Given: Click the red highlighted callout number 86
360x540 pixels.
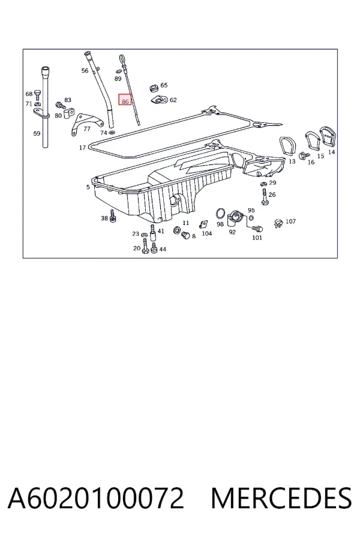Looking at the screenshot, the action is click(125, 100).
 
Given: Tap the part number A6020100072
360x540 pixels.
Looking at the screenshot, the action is click(96, 498).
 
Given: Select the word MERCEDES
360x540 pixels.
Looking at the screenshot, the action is click(281, 498).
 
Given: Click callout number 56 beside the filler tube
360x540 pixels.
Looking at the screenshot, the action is click(85, 71).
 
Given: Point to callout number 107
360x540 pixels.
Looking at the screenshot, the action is click(291, 221).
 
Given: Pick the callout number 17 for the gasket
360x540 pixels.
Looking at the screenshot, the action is click(82, 148).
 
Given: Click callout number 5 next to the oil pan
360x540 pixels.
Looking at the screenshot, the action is click(88, 187).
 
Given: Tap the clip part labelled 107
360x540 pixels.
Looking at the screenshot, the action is click(278, 224).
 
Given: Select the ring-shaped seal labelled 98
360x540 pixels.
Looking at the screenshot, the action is click(220, 214).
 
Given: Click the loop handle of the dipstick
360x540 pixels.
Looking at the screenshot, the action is click(122, 59).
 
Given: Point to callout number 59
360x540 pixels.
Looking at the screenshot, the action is click(37, 134).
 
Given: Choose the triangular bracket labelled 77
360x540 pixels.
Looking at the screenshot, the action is click(86, 122).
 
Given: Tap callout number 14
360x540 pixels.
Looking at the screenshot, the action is click(331, 152).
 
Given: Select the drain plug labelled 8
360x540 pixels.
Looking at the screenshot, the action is click(185, 235).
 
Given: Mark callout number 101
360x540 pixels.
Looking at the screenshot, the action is click(257, 238).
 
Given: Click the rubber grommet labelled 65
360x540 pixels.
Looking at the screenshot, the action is click(154, 87).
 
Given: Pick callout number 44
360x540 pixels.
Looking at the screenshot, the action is click(163, 249).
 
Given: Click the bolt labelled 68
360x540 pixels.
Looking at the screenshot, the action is click(38, 93).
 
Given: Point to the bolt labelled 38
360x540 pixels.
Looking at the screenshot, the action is click(112, 216).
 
